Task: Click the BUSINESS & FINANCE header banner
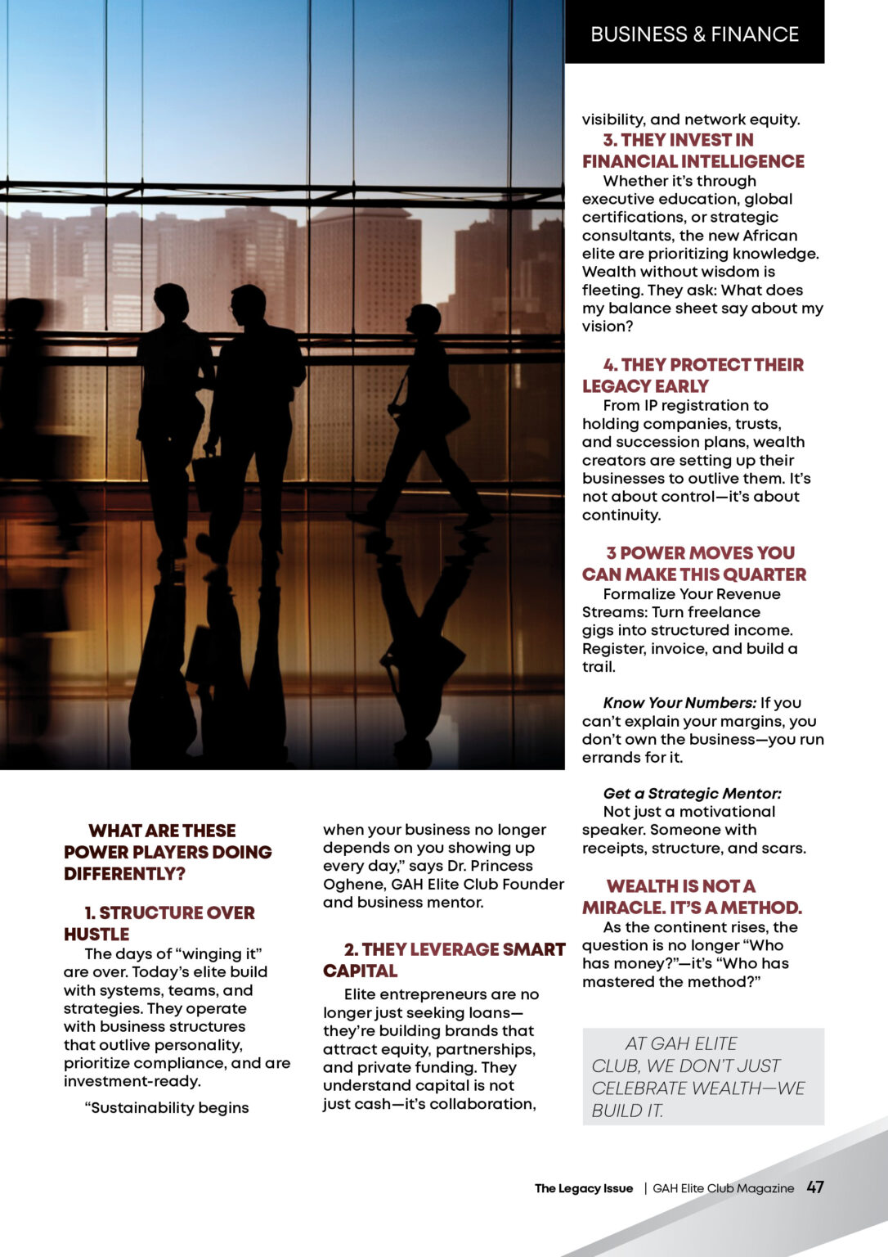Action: tap(694, 34)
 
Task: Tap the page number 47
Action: tap(814, 1187)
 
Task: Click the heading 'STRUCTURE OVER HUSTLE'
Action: tap(159, 923)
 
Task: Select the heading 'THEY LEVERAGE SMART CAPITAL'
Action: tap(444, 960)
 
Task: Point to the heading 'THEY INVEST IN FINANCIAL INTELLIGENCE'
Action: tap(693, 151)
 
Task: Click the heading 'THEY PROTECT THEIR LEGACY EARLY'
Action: tap(693, 375)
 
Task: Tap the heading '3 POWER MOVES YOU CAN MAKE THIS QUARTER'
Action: tap(694, 563)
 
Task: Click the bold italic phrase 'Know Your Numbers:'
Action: tap(679, 703)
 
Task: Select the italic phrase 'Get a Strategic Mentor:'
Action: tap(692, 793)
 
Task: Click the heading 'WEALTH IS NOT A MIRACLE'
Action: tap(692, 897)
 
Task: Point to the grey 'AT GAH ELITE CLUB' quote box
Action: tap(702, 1076)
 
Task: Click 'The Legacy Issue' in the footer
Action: tap(584, 1188)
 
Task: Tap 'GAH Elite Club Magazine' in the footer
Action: tap(723, 1188)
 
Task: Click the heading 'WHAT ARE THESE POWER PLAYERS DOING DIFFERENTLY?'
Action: tap(168, 852)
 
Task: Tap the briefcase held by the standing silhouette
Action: tap(204, 483)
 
